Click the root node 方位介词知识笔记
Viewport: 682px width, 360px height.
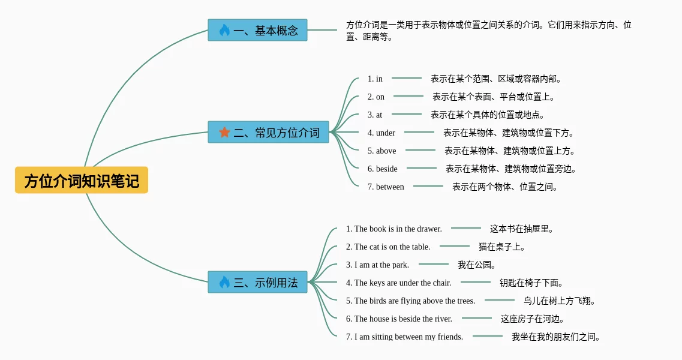82,181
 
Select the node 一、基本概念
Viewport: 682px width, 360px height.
258,30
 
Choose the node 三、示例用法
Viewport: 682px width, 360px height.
258,282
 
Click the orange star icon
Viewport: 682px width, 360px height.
224,132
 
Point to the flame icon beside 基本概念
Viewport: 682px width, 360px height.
224,30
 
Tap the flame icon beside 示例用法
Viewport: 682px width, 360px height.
224,282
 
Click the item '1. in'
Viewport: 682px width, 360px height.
375,79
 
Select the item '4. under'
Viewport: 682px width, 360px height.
381,133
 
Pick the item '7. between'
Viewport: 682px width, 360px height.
386,187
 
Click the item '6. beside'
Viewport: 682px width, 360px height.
383,169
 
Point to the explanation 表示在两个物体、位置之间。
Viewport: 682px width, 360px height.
506,187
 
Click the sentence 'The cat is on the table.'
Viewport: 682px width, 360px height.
388,247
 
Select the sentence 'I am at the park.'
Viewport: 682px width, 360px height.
377,265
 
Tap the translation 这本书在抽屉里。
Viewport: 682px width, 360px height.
522,229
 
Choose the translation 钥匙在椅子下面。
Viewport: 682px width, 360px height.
531,283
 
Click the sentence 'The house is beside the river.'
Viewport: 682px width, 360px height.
399,319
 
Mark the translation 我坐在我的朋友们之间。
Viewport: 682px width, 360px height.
556,337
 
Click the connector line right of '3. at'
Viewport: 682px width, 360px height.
407,114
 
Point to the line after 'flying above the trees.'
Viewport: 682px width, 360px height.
500,300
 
